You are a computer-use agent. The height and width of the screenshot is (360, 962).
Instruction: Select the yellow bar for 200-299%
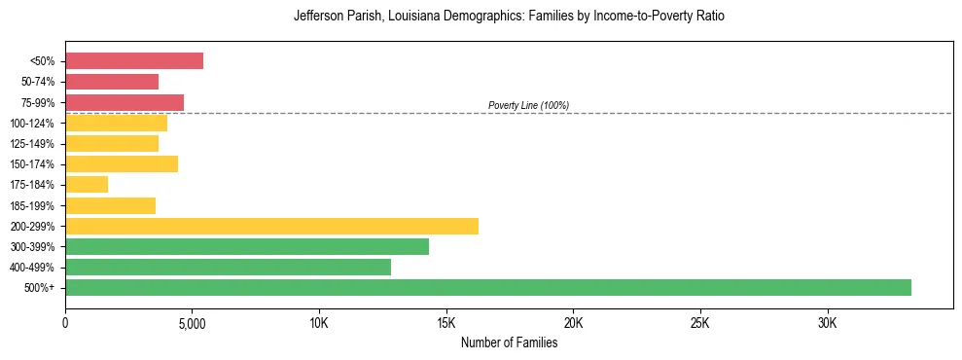[x=271, y=226]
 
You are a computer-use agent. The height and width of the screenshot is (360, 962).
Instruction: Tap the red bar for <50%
[x=134, y=60]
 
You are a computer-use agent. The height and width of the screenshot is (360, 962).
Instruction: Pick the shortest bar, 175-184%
[x=87, y=184]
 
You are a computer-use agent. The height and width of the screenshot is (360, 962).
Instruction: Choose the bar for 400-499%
[x=228, y=267]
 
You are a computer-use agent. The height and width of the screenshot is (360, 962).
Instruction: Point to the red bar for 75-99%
[x=125, y=102]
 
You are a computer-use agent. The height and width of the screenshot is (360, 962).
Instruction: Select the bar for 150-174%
[x=122, y=163]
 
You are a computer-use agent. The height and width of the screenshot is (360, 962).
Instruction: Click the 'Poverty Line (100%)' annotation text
[x=528, y=105]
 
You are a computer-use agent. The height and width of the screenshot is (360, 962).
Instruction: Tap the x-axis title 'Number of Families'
[x=509, y=342]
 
